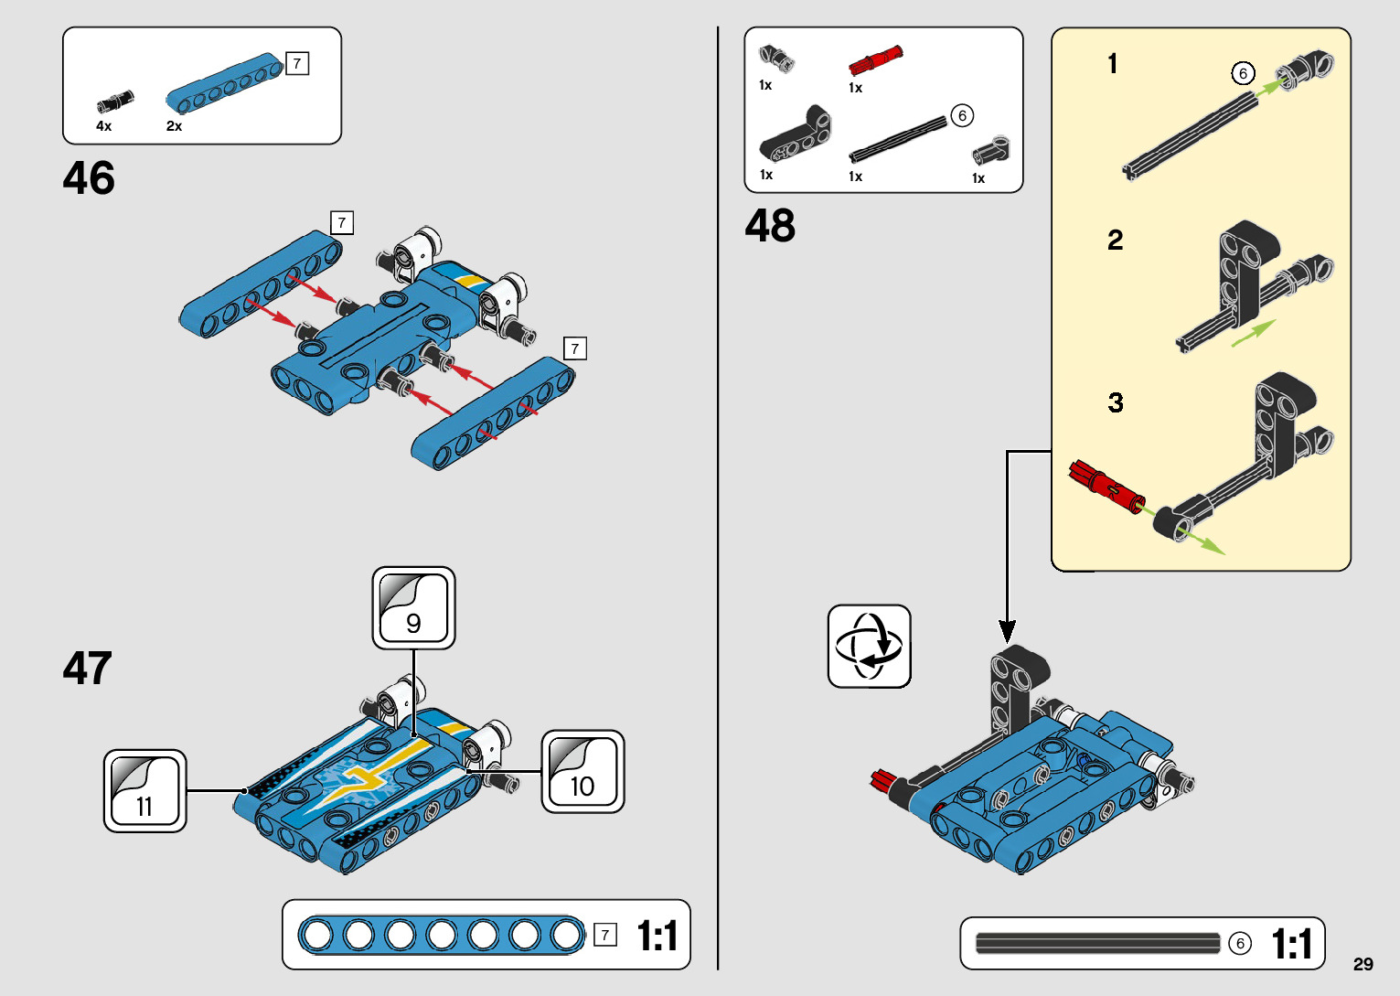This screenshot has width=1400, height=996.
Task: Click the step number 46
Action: [89, 178]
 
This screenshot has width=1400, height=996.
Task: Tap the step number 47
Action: [88, 668]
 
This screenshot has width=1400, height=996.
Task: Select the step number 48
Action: [770, 225]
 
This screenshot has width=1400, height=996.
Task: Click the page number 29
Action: [1363, 963]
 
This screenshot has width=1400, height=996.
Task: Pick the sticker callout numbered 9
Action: [413, 607]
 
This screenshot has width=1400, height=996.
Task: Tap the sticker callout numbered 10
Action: [582, 772]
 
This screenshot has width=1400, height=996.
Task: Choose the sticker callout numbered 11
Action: [145, 791]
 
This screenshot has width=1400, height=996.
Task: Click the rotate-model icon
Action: [870, 646]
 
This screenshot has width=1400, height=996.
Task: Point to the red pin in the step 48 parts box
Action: [875, 60]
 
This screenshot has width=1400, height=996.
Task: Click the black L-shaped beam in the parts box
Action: [795, 134]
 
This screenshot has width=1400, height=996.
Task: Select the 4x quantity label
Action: [103, 126]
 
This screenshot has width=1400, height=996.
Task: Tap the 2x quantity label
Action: [174, 126]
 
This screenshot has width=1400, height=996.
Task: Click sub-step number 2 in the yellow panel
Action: [1115, 241]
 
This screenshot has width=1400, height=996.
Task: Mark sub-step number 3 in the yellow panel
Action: [1116, 402]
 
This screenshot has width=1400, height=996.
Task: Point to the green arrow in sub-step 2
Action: [1254, 333]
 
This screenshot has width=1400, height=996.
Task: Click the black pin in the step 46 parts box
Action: [115, 102]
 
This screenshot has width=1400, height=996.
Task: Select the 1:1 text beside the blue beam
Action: [657, 936]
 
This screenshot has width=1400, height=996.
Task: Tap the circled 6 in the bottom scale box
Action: [1240, 943]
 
